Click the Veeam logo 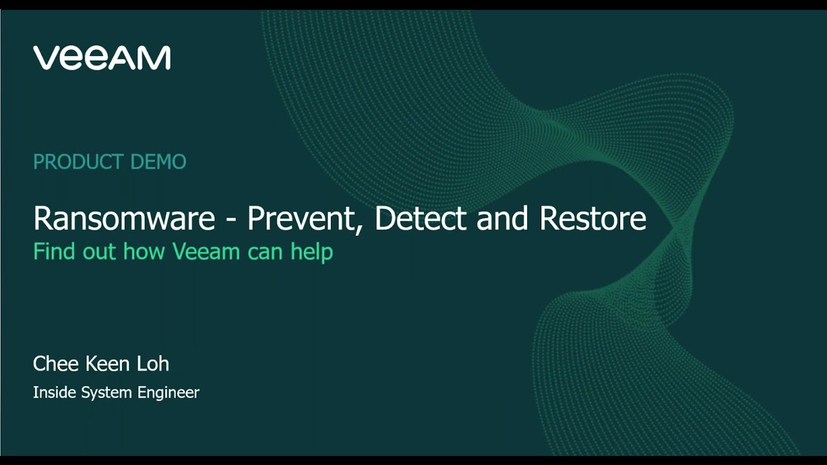point(101,57)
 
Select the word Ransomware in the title point(124,219)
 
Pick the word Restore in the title point(592,219)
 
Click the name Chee point(56,364)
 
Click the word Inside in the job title point(55,393)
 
